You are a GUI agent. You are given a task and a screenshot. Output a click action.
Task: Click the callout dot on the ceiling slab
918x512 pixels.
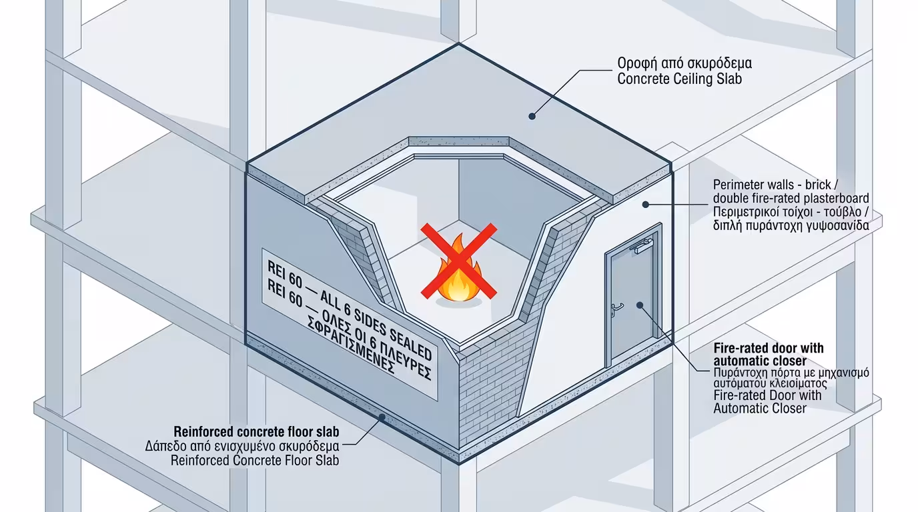point(532,116)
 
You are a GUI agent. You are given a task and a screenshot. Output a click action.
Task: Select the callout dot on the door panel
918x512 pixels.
point(639,305)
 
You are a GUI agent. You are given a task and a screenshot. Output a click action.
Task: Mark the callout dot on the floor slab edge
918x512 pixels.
point(381,417)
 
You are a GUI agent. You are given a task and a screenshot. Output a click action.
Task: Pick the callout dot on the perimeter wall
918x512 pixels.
point(644,204)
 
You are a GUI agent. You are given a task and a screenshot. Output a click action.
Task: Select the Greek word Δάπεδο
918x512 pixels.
point(166,445)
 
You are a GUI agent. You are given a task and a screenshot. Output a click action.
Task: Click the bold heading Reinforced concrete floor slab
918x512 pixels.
point(256,431)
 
